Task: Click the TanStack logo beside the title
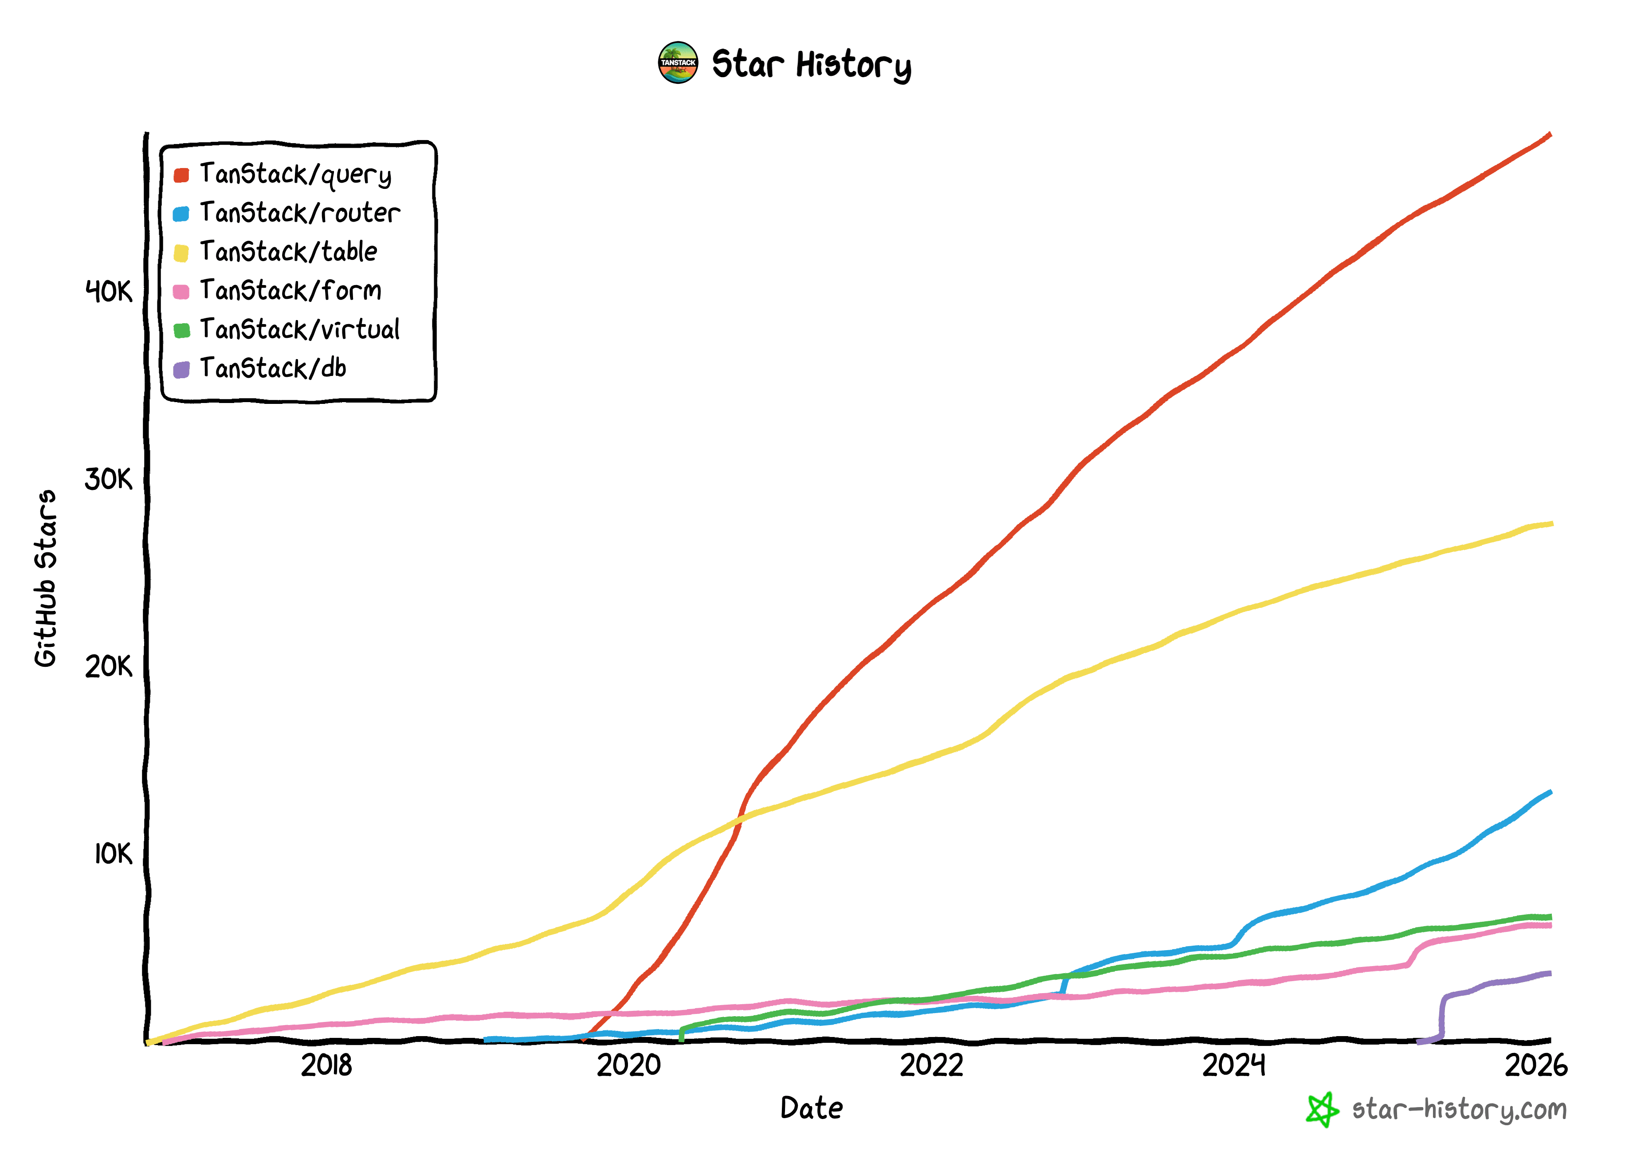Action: [678, 63]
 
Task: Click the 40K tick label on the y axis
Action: [109, 292]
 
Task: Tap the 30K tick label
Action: [109, 480]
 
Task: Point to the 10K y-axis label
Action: [113, 854]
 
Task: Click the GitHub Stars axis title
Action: [46, 578]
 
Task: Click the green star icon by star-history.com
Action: [1322, 1110]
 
